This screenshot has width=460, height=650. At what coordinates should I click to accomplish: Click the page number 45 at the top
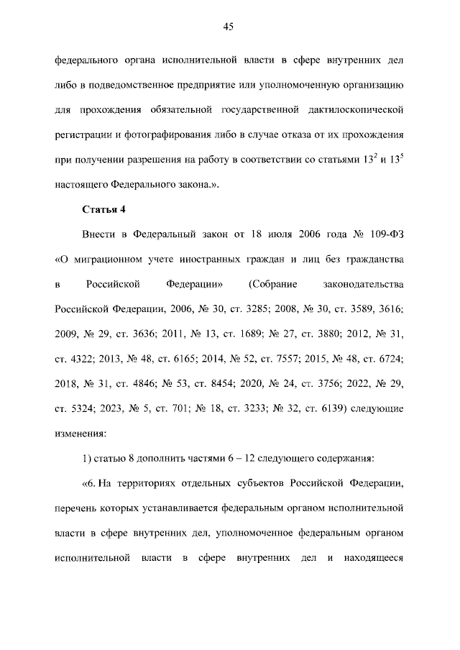point(229,27)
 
